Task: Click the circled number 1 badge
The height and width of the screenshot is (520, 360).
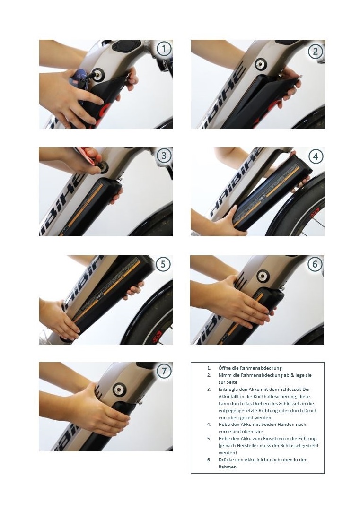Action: point(164,49)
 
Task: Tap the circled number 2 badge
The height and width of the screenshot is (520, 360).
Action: point(315,52)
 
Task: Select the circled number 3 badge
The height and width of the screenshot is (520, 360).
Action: point(164,155)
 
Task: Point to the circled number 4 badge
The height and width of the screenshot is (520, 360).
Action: point(316,156)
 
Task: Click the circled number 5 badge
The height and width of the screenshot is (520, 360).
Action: point(163,264)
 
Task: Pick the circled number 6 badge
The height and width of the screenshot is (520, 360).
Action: point(315,264)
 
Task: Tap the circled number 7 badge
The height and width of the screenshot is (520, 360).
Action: point(164,371)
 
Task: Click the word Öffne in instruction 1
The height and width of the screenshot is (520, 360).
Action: point(224,368)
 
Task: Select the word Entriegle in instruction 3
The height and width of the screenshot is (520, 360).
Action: point(228,390)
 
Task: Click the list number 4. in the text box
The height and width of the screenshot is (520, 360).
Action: point(209,425)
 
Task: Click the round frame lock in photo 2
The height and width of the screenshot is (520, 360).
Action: point(261,64)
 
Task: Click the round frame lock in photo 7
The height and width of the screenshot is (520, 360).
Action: point(119,389)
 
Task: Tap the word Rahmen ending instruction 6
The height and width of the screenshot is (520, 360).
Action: point(228,467)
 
